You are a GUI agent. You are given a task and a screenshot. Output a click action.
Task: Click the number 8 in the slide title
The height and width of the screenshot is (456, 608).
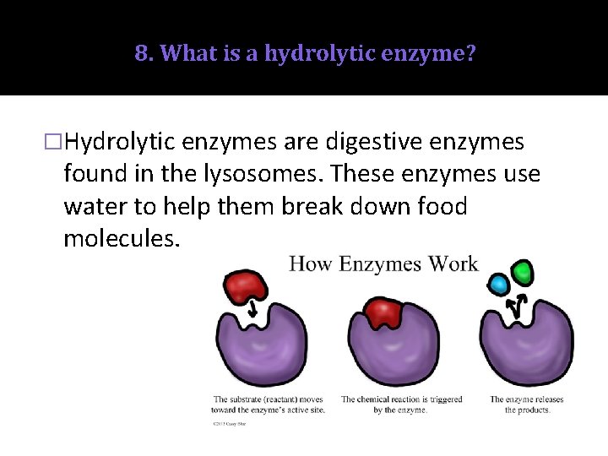pyautogui.click(x=140, y=54)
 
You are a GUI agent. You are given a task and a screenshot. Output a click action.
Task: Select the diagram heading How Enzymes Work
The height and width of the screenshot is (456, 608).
pyautogui.click(x=383, y=263)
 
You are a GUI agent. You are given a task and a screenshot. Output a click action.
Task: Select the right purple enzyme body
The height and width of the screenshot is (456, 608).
pyautogui.click(x=525, y=346)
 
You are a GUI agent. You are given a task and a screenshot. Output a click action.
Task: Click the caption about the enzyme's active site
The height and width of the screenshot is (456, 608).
pyautogui.click(x=269, y=404)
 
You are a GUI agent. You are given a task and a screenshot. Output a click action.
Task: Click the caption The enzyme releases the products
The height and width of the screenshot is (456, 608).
pyautogui.click(x=527, y=404)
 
